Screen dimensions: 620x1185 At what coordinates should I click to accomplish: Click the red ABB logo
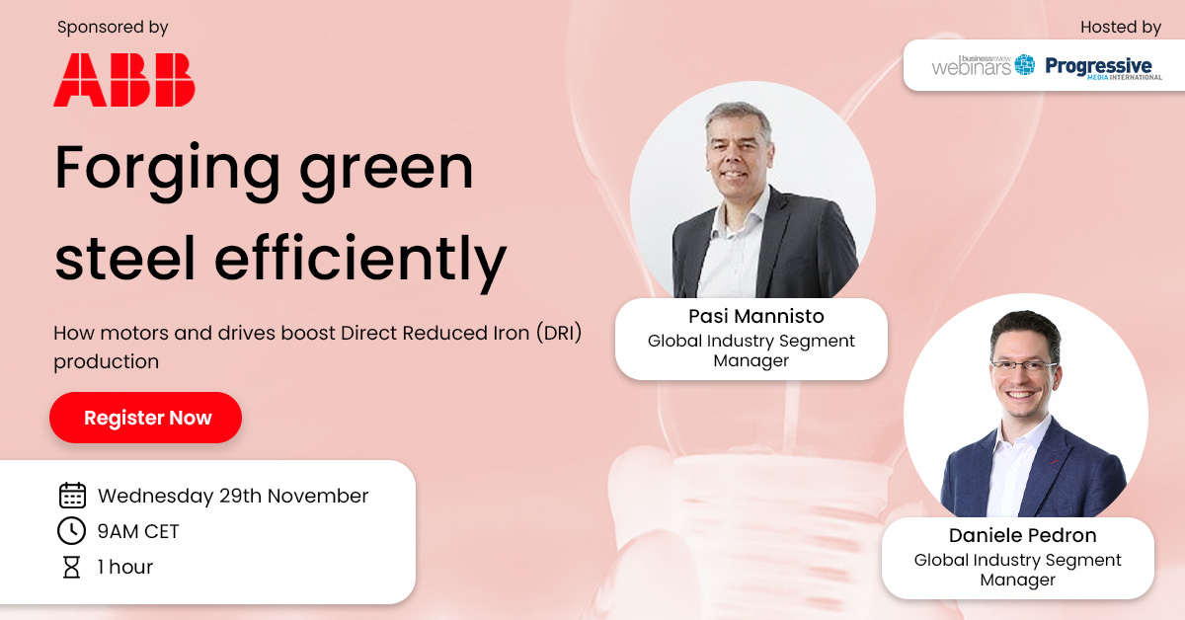point(124,80)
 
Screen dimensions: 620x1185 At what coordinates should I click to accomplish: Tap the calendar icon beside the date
point(72,496)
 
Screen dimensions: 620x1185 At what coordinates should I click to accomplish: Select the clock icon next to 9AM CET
point(72,531)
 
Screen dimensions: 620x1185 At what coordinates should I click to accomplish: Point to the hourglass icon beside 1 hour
point(72,567)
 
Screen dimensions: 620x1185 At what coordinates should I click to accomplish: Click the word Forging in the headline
point(162,169)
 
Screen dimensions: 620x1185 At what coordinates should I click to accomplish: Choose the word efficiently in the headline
point(360,258)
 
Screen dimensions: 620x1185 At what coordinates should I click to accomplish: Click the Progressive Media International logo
point(1103,67)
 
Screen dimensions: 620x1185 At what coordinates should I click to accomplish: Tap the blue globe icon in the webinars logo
point(1025,65)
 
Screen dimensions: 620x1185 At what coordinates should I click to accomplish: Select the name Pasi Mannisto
point(750,317)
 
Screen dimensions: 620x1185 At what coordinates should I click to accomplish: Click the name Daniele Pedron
point(1017,536)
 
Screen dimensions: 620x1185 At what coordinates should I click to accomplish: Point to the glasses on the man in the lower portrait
point(1024,365)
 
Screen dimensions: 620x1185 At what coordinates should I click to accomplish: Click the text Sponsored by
point(113,28)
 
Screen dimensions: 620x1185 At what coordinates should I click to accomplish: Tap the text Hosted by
point(1121,28)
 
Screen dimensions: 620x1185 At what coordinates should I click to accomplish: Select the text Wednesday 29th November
point(233,496)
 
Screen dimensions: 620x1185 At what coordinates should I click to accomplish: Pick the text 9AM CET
point(138,531)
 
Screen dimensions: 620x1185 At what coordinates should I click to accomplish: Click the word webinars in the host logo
point(971,67)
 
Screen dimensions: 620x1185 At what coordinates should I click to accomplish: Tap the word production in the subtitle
point(106,361)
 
